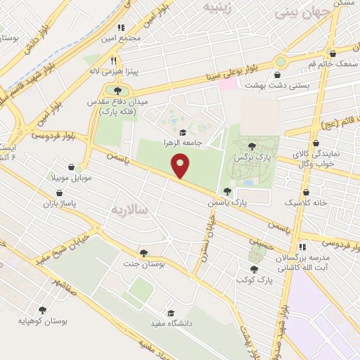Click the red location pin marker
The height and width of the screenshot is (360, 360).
(181, 166)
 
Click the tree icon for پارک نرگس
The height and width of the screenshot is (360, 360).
(252, 146)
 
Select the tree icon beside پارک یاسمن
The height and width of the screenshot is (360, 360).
(227, 191)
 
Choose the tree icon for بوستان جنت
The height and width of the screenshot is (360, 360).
(143, 252)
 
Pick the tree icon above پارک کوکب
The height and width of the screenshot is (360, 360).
(253, 269)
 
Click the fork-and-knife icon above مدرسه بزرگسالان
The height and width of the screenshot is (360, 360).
(302, 247)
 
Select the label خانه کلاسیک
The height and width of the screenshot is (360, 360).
(306, 202)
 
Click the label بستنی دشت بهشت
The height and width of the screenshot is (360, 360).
(278, 84)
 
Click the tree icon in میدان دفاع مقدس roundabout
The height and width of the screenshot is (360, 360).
(117, 91)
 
